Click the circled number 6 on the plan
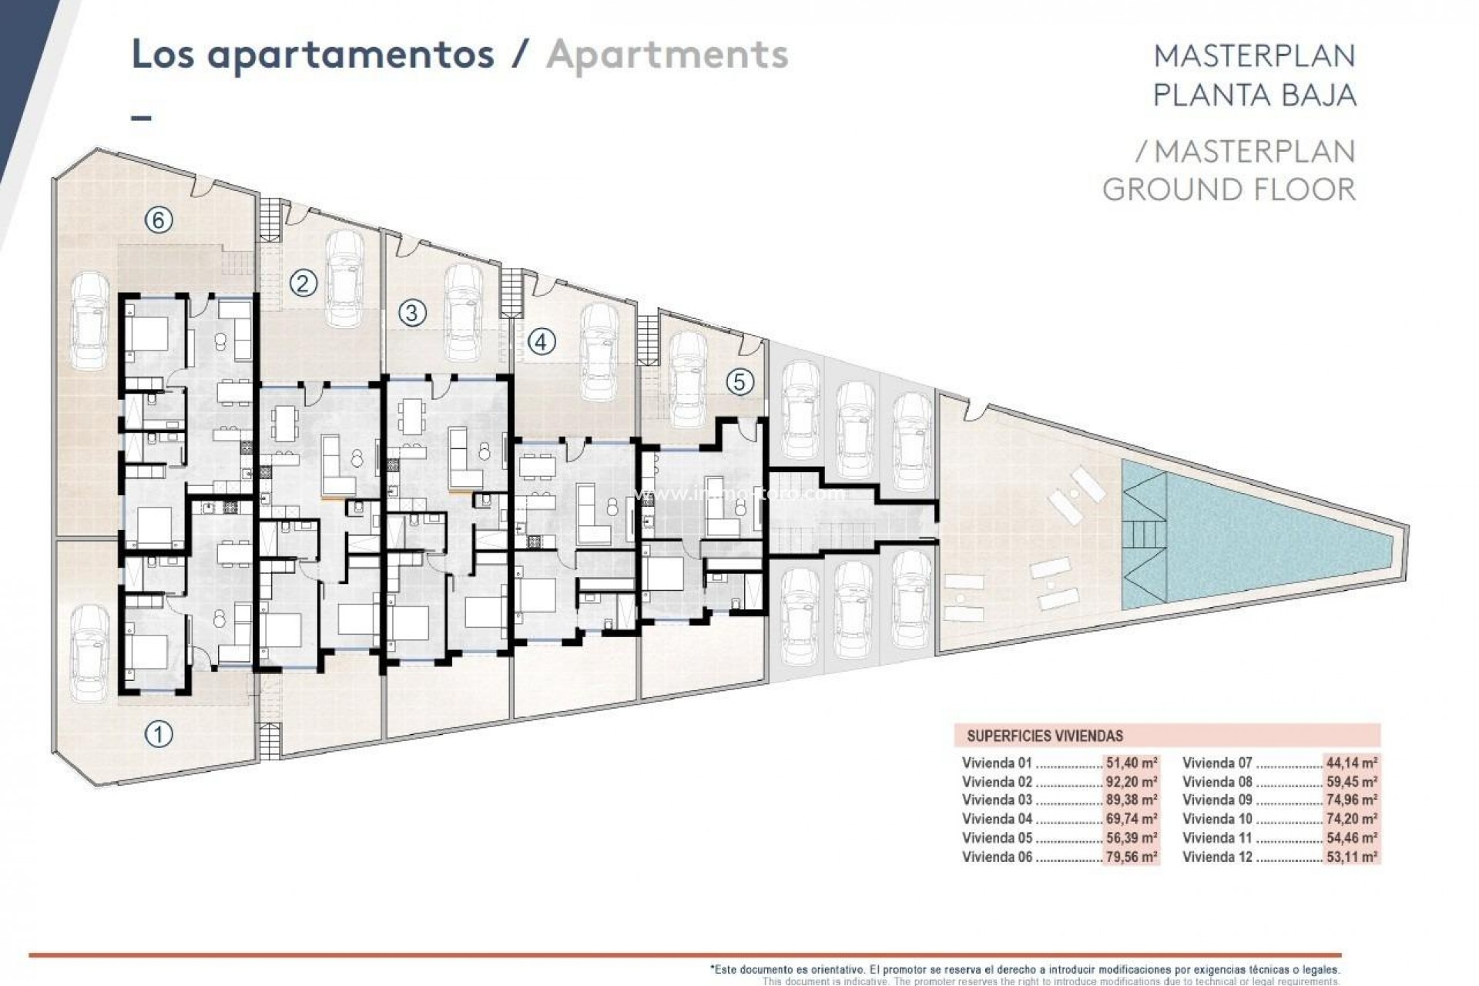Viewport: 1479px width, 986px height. (158, 220)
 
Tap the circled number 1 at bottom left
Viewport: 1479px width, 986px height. (158, 734)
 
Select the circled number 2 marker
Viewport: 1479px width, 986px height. (303, 283)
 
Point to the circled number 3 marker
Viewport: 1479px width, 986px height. (412, 312)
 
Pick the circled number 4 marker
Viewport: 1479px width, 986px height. (541, 340)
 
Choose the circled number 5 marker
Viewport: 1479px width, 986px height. (739, 382)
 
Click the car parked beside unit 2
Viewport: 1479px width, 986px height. (344, 279)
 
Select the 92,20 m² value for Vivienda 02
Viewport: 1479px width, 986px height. (1132, 782)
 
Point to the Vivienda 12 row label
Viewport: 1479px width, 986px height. (1218, 857)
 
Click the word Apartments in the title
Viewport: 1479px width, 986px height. (667, 55)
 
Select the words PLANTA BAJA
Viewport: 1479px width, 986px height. (1254, 95)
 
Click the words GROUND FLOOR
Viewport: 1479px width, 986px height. (1229, 189)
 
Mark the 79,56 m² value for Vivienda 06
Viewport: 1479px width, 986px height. (1132, 857)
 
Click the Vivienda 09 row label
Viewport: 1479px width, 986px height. (1218, 800)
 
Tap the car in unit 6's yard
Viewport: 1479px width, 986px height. (89, 324)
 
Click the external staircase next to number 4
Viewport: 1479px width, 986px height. (511, 293)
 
